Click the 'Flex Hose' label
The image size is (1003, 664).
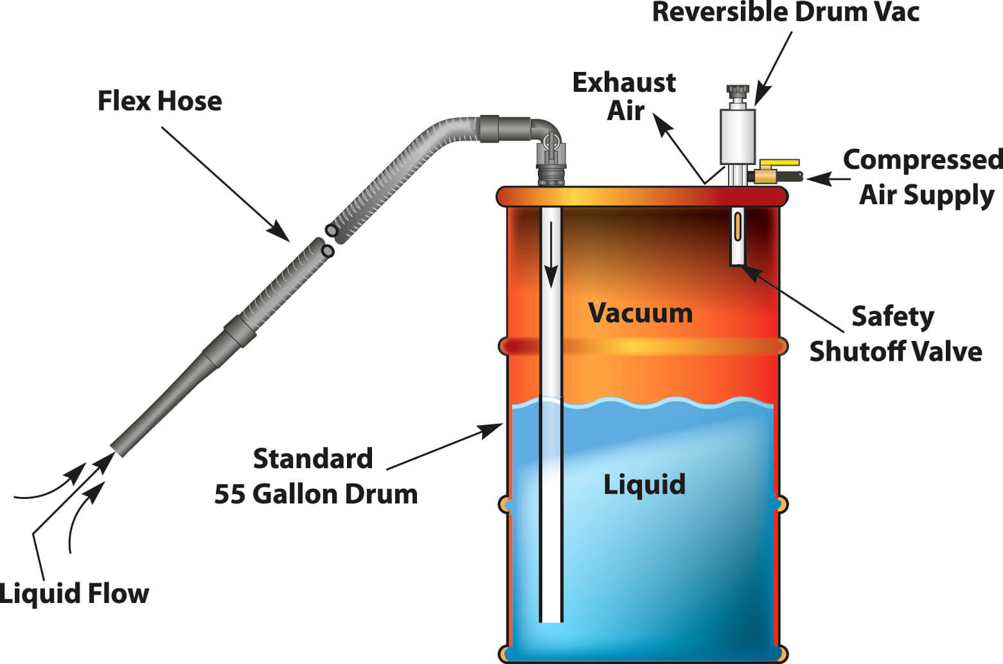tap(159, 101)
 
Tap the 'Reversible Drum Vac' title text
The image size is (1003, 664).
tap(785, 13)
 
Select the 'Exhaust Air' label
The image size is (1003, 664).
tap(625, 96)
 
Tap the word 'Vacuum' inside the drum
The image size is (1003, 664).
tap(641, 313)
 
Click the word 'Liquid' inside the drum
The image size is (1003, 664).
tap(644, 484)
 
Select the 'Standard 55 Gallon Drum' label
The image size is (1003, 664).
tap(315, 476)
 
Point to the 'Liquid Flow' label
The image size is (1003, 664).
tap(75, 593)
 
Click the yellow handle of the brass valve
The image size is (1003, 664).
tap(779, 163)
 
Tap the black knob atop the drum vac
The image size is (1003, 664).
tap(738, 90)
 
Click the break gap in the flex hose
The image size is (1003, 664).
tap(329, 240)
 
